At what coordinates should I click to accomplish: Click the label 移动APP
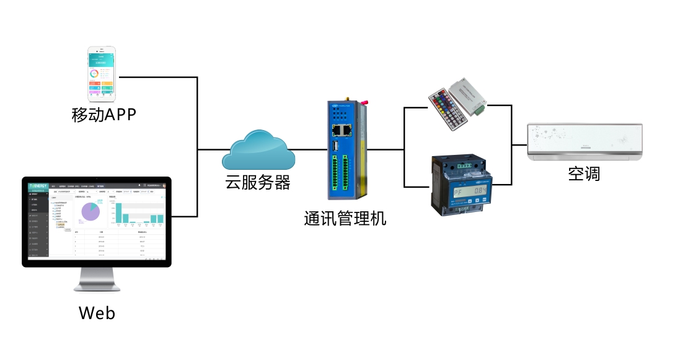tap(103, 115)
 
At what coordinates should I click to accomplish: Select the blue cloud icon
tap(258, 151)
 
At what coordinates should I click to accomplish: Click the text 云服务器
tap(257, 183)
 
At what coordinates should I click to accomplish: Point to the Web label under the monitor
tap(97, 312)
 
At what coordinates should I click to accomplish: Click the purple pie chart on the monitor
tap(90, 211)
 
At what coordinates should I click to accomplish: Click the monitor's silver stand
tap(97, 279)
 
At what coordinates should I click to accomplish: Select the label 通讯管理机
tap(345, 218)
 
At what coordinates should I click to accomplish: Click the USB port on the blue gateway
tap(335, 146)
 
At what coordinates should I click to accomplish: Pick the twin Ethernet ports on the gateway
tap(343, 130)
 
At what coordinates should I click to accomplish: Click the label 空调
tap(584, 174)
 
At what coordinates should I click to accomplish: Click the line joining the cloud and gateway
tap(311, 150)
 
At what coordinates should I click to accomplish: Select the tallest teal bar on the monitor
tap(118, 213)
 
